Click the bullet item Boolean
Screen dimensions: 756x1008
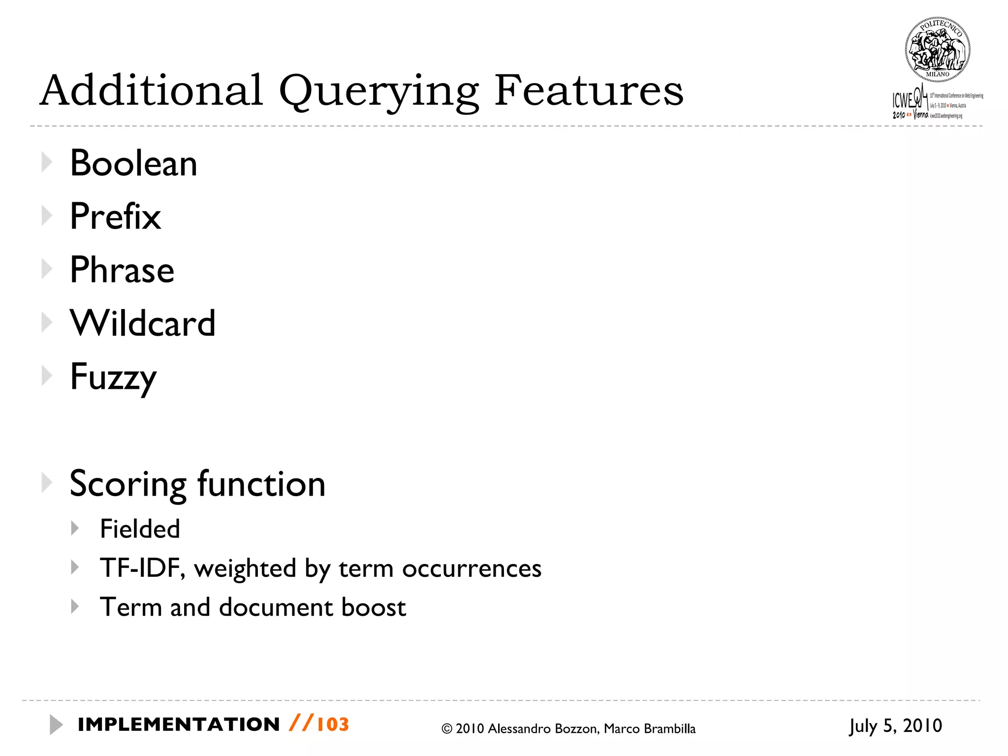pos(133,163)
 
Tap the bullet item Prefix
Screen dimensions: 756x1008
pos(115,217)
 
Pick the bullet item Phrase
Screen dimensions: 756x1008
pos(122,270)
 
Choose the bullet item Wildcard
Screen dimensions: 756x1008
pos(143,323)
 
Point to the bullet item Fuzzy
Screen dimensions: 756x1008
pos(113,378)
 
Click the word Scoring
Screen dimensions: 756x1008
pos(128,484)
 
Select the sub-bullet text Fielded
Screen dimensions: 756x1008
pos(140,529)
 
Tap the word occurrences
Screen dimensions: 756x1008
pos(472,569)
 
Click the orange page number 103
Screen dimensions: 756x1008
pos(333,724)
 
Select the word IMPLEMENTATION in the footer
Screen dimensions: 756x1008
pos(179,724)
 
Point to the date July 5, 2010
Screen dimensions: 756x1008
pos(895,726)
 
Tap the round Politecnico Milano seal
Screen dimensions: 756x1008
pos(937,49)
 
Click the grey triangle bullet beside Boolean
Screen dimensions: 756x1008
pos(47,162)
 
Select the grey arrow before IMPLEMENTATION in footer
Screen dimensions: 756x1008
pos(56,724)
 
